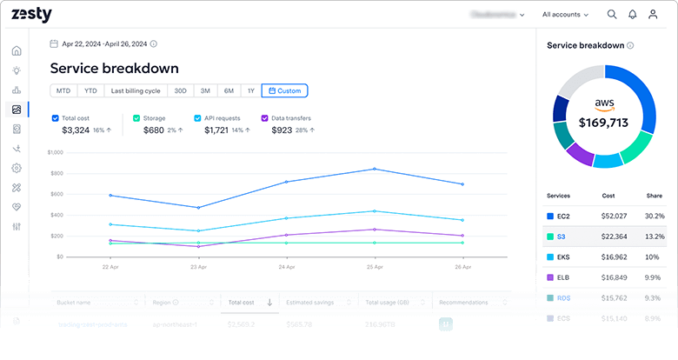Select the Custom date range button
click(284, 90)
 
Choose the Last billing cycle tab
click(135, 90)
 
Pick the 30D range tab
click(180, 90)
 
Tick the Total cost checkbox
click(56, 118)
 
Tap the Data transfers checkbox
click(264, 118)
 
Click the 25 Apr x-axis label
click(374, 266)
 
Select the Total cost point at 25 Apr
click(374, 169)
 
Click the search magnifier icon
click(612, 15)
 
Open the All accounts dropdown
click(565, 15)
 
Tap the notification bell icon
click(632, 15)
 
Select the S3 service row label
click(562, 237)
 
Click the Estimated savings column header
click(311, 303)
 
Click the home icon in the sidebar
click(17, 50)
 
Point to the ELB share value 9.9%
click(653, 277)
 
